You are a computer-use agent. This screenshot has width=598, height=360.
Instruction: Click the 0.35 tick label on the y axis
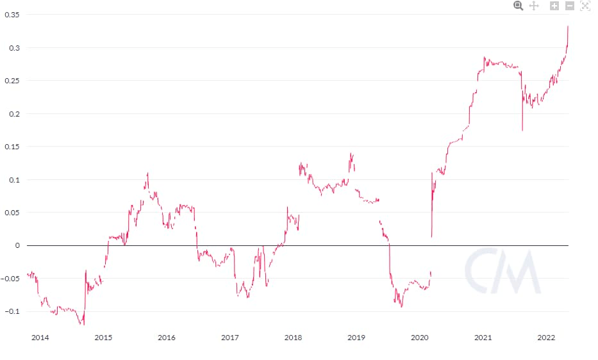[x=12, y=15]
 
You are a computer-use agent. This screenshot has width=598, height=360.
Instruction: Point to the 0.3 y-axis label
[x=14, y=48]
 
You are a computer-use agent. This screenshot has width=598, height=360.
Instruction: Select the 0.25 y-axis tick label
[x=12, y=81]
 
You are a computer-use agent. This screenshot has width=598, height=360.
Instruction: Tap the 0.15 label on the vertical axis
[x=12, y=147]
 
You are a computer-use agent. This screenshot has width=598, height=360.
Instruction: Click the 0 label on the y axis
[x=17, y=245]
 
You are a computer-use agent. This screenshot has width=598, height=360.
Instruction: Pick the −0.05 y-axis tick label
[x=10, y=279]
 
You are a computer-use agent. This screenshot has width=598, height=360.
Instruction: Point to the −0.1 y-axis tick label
[x=12, y=311]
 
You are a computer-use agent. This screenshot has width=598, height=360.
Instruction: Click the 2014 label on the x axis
[x=40, y=338]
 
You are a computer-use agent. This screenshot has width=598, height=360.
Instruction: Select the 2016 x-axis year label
[x=167, y=338]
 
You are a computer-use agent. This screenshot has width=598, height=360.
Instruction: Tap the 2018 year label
[x=293, y=338]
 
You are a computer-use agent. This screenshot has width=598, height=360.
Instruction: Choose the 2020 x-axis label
[x=420, y=338]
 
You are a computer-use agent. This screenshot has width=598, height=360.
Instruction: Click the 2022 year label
[x=546, y=338]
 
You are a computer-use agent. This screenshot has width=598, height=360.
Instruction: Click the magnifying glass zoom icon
[x=519, y=6]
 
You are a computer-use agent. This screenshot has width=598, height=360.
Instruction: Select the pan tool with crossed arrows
[x=534, y=6]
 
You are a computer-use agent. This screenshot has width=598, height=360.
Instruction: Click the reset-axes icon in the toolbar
[x=585, y=6]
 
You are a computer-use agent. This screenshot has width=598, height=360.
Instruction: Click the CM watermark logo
[x=502, y=271]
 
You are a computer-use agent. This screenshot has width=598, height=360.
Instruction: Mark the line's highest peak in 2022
[x=568, y=26]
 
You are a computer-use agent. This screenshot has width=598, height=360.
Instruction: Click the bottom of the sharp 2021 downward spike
[x=522, y=131]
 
